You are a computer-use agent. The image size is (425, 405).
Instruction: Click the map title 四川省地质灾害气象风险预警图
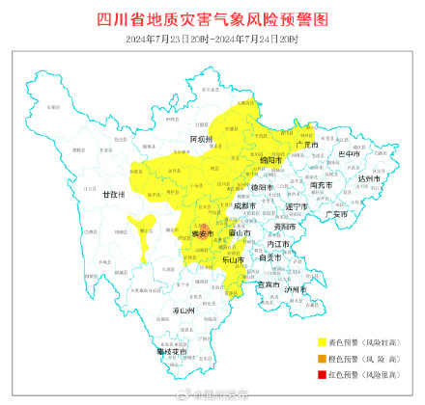(212, 19)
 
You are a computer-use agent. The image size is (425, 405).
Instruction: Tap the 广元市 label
(308, 145)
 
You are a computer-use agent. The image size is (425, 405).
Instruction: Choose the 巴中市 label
(347, 154)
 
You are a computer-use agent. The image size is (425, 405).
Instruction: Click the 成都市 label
(245, 205)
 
